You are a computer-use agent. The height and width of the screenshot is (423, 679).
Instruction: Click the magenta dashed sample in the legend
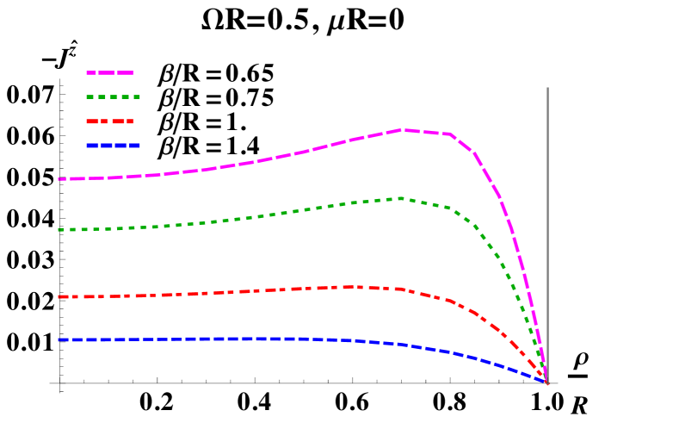[x=110, y=72]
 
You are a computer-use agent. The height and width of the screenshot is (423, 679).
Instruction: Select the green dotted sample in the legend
[x=113, y=96]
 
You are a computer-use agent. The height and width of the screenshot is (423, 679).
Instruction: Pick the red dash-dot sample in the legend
[x=110, y=121]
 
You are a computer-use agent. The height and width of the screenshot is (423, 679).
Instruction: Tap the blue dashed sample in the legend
[x=113, y=146]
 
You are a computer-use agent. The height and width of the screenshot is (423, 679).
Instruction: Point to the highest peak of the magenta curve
[x=402, y=130]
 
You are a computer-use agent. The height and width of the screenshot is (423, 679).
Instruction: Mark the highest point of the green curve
[x=401, y=198]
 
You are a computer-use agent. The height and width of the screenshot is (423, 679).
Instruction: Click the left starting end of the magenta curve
[x=59, y=179]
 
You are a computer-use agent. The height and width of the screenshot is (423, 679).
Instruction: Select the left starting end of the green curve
[x=59, y=230]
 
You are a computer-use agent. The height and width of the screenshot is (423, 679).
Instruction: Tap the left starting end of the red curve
[x=59, y=297]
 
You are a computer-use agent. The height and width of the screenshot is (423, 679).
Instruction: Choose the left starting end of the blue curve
[x=59, y=339]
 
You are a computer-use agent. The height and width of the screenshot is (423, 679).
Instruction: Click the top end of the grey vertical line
[x=547, y=88]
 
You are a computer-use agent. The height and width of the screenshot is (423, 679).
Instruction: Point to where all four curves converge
[x=546, y=382]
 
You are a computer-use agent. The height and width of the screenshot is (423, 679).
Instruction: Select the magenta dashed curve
[x=258, y=161]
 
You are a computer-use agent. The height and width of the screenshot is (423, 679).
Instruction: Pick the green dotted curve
[x=258, y=215]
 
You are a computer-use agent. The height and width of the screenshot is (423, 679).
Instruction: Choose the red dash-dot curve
[x=258, y=291]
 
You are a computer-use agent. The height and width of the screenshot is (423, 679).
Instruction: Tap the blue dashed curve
[x=258, y=339]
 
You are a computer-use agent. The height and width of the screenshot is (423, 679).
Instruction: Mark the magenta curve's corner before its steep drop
[x=451, y=134]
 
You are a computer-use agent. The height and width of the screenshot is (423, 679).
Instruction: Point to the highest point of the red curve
[x=349, y=287]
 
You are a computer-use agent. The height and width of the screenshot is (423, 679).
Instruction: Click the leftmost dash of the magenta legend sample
[x=92, y=72]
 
